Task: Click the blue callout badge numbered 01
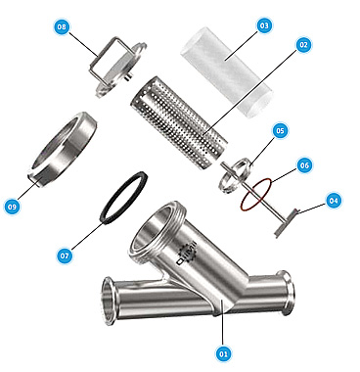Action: coord(223,353)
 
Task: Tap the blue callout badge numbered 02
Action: coord(303,45)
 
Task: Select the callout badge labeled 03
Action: coord(264,25)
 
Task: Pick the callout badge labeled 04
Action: coord(334,201)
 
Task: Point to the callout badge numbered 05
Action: coord(280,131)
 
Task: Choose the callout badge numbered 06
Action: coord(304,165)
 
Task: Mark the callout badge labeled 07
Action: coord(65,256)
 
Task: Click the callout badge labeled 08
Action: coord(62,26)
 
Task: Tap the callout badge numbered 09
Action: coord(12,207)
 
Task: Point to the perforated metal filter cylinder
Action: coord(179,123)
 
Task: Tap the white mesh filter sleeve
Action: coord(227,72)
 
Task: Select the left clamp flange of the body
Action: coord(107,301)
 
